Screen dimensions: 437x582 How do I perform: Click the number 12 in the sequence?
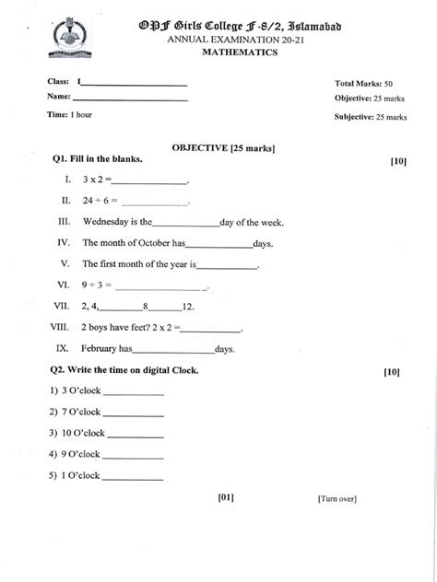click(188, 306)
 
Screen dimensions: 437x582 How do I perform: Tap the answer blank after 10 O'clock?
click(136, 434)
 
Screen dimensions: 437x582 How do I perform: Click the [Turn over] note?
click(337, 498)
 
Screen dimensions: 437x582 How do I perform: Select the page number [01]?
click(227, 497)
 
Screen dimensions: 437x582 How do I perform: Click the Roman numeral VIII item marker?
click(62, 327)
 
